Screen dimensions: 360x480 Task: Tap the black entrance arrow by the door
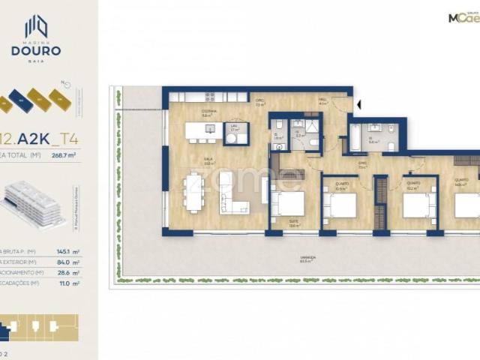click(358, 104)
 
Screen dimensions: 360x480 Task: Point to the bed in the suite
click(289, 204)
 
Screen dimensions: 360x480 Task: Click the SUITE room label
click(293, 220)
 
